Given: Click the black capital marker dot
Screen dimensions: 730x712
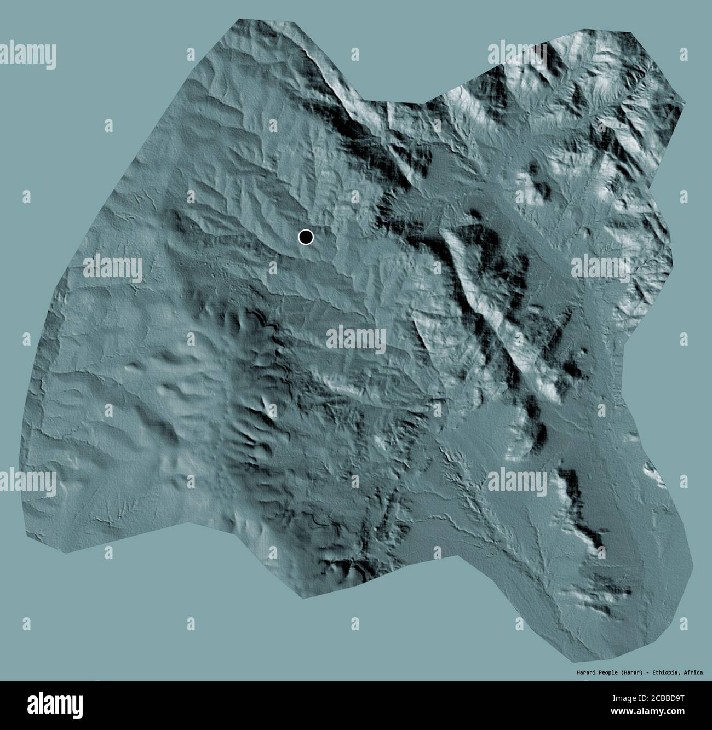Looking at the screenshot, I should coord(306,237).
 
